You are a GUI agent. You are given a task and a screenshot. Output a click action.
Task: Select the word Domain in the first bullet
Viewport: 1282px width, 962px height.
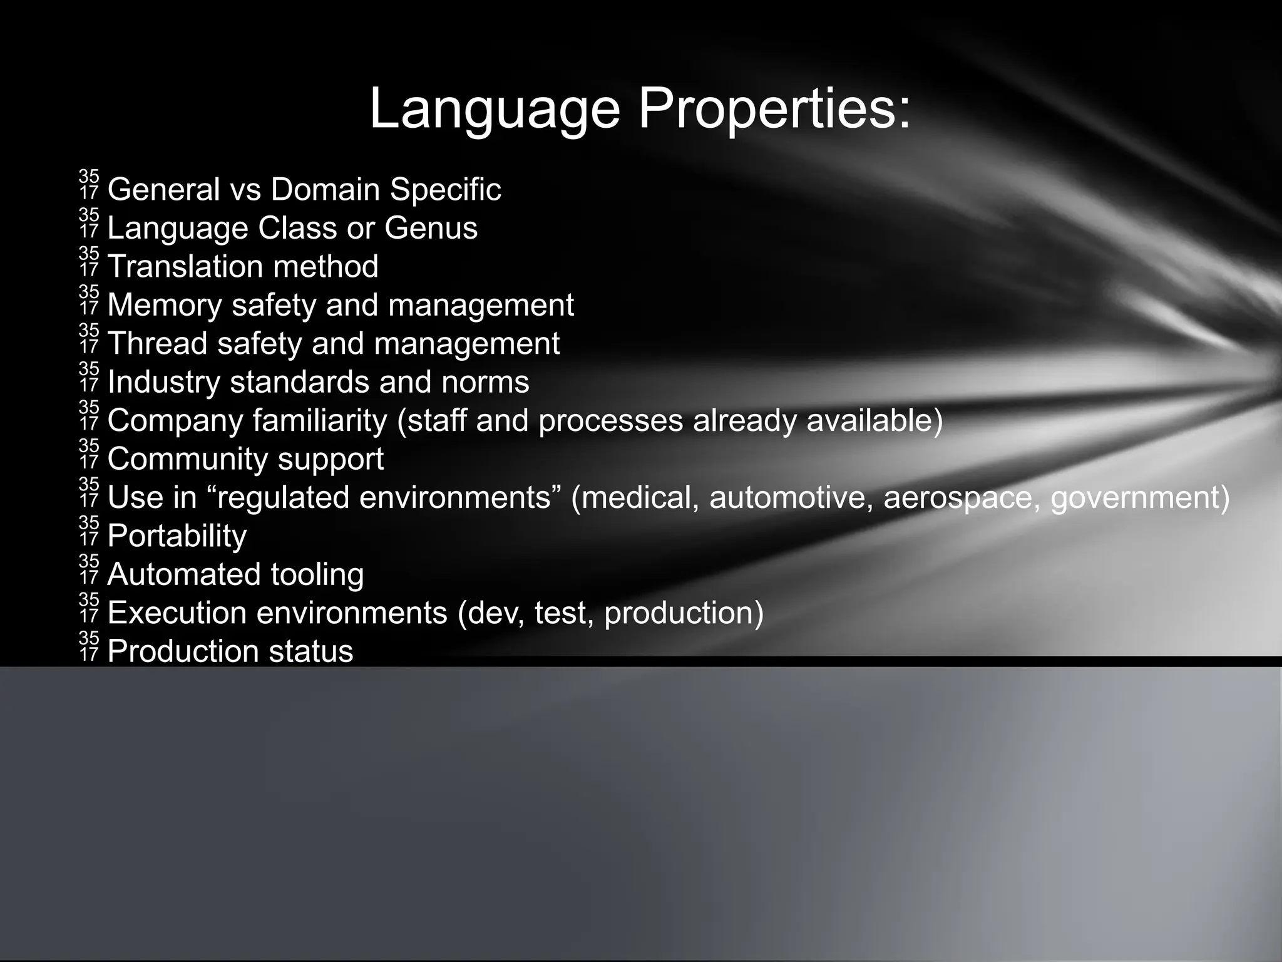[x=326, y=189]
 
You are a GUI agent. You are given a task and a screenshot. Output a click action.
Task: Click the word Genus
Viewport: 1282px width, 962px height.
[x=431, y=228]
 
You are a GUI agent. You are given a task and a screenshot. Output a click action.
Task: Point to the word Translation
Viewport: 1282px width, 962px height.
[x=183, y=266]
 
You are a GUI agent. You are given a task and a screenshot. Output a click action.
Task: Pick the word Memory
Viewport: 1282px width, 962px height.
[x=165, y=305]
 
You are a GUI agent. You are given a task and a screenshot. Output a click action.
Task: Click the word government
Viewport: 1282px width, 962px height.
[x=1135, y=497]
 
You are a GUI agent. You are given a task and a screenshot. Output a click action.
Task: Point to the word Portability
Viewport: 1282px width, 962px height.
[x=177, y=536]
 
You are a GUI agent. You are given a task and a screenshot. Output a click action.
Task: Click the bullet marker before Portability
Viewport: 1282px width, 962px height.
[x=89, y=531]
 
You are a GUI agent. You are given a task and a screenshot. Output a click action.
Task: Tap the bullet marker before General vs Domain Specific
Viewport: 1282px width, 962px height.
[x=89, y=185]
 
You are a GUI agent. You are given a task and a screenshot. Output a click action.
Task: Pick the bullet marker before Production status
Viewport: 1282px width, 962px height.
[x=89, y=646]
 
